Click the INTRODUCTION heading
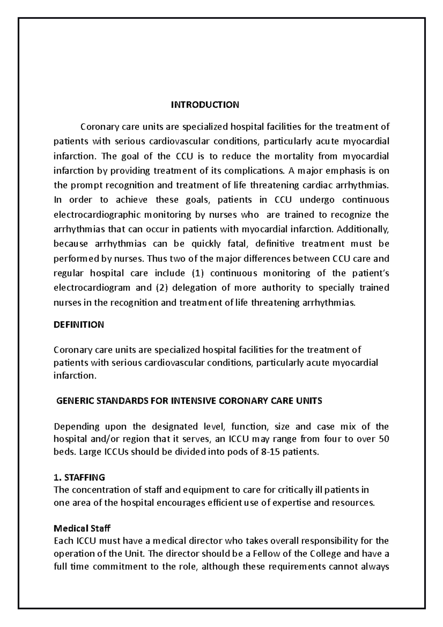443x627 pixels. [205, 105]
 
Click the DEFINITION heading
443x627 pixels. [79, 325]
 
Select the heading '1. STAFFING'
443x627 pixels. [79, 477]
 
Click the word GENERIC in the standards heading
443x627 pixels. [73, 401]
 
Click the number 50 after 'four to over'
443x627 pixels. [384, 439]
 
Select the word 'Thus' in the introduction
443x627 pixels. [157, 259]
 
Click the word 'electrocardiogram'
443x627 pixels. [92, 288]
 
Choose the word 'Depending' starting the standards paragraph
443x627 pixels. [76, 427]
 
